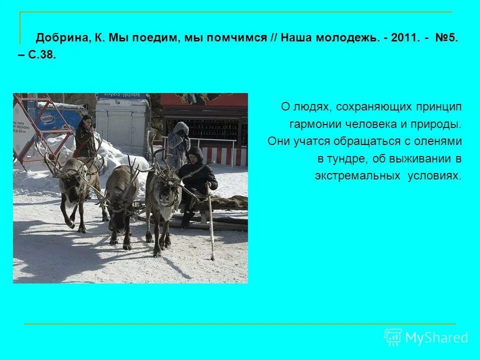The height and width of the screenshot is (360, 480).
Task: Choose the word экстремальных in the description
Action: click(358, 176)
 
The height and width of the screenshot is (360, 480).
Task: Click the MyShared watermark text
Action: click(436, 338)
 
